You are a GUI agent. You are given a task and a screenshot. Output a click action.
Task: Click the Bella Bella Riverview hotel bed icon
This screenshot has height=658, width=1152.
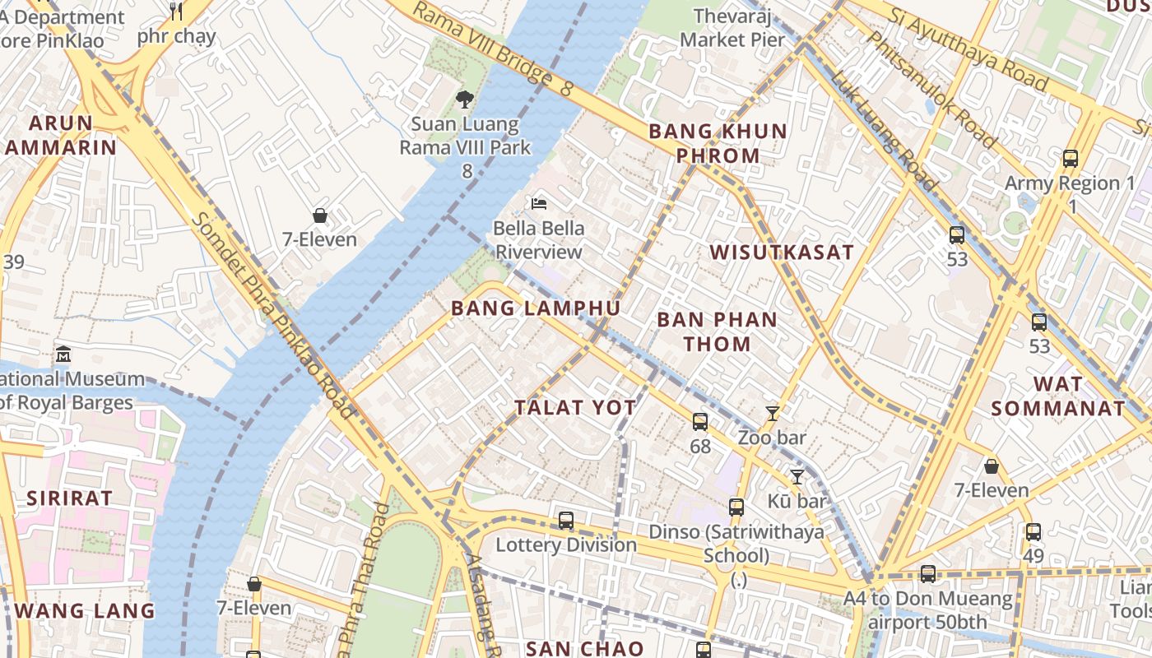point(539,203)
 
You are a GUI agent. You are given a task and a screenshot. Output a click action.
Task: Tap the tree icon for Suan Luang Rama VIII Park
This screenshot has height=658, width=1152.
point(465,100)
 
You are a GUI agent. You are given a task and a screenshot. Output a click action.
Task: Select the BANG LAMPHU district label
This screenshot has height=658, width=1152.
point(536,308)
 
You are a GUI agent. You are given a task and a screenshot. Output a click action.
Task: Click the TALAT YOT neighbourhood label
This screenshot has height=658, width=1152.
point(575,407)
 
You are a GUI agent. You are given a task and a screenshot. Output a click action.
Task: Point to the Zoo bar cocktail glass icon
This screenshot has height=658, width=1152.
point(772,413)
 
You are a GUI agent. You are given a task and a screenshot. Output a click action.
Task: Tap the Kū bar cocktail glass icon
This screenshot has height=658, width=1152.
point(797,476)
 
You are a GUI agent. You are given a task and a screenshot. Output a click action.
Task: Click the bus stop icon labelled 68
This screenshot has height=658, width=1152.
point(700,422)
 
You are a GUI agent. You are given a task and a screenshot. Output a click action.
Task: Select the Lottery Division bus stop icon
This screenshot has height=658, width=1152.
point(566,520)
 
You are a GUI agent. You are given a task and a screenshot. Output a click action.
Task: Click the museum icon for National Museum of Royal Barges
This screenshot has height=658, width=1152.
point(63,354)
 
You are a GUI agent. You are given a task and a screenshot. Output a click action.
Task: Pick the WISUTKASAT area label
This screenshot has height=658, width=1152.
point(783,252)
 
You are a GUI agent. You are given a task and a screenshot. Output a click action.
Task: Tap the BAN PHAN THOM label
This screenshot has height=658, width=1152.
point(717,331)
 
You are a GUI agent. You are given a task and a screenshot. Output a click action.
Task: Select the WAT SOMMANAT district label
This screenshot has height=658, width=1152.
point(1057,396)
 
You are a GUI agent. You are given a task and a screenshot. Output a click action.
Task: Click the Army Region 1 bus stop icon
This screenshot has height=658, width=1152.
point(1071,159)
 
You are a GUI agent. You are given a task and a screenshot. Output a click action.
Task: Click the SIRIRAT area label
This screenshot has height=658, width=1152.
point(69,498)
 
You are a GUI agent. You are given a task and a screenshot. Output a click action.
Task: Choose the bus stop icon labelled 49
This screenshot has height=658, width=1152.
point(1034,531)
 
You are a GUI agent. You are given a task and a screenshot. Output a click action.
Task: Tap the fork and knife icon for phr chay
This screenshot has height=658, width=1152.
point(175,11)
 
